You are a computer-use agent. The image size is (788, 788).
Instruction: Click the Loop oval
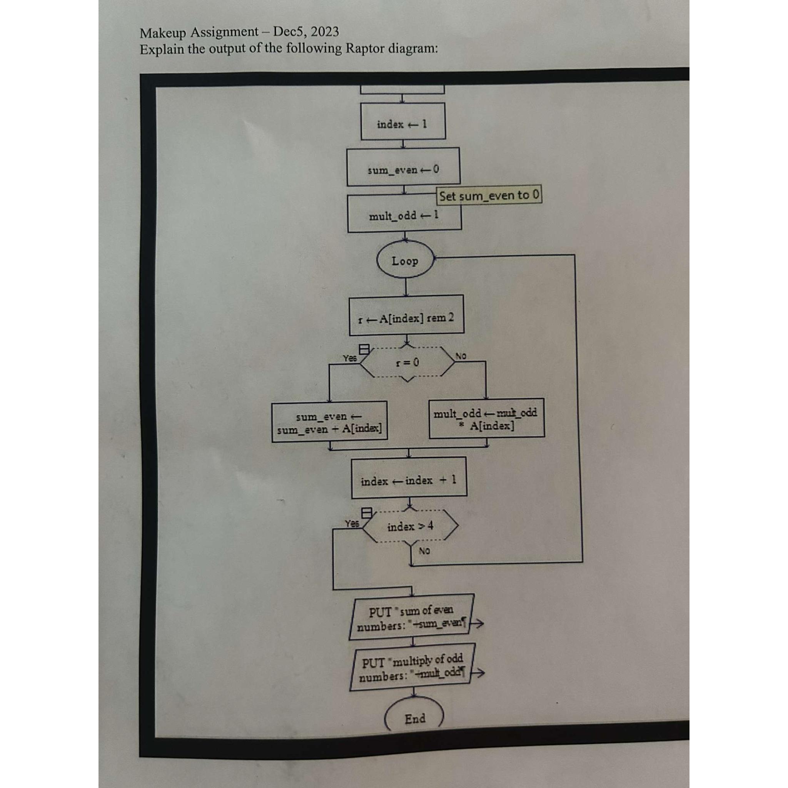(405, 260)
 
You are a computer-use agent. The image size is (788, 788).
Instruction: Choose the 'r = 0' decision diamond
(407, 362)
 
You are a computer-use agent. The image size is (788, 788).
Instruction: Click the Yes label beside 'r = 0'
(349, 358)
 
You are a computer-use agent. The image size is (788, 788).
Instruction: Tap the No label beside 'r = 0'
(461, 356)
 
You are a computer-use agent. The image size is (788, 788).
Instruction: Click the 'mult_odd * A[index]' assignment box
(486, 419)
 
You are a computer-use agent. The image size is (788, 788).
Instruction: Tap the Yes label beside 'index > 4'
(352, 523)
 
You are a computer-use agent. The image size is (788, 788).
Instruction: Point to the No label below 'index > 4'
(424, 551)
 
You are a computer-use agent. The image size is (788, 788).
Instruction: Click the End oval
(414, 718)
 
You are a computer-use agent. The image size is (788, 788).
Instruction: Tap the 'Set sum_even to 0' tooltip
(489, 195)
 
